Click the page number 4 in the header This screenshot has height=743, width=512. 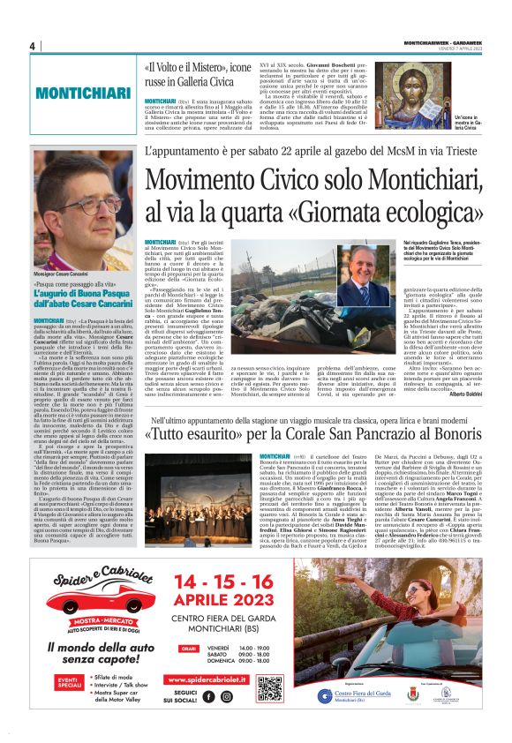(31, 46)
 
